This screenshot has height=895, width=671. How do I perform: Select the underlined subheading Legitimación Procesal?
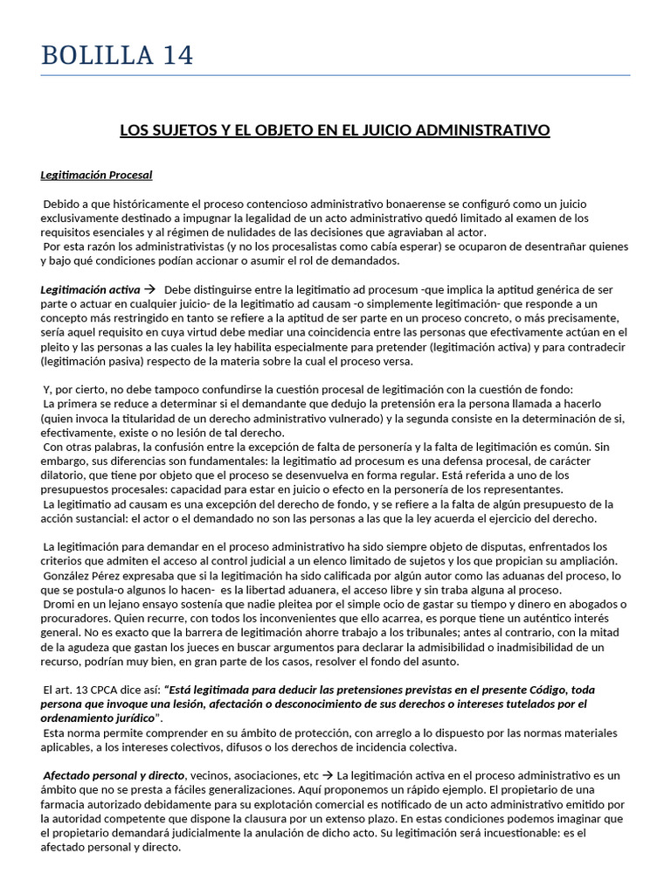96,175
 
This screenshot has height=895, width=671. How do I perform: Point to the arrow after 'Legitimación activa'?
149,288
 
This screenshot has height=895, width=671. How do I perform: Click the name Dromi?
59,605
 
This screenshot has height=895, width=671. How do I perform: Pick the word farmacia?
65,804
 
